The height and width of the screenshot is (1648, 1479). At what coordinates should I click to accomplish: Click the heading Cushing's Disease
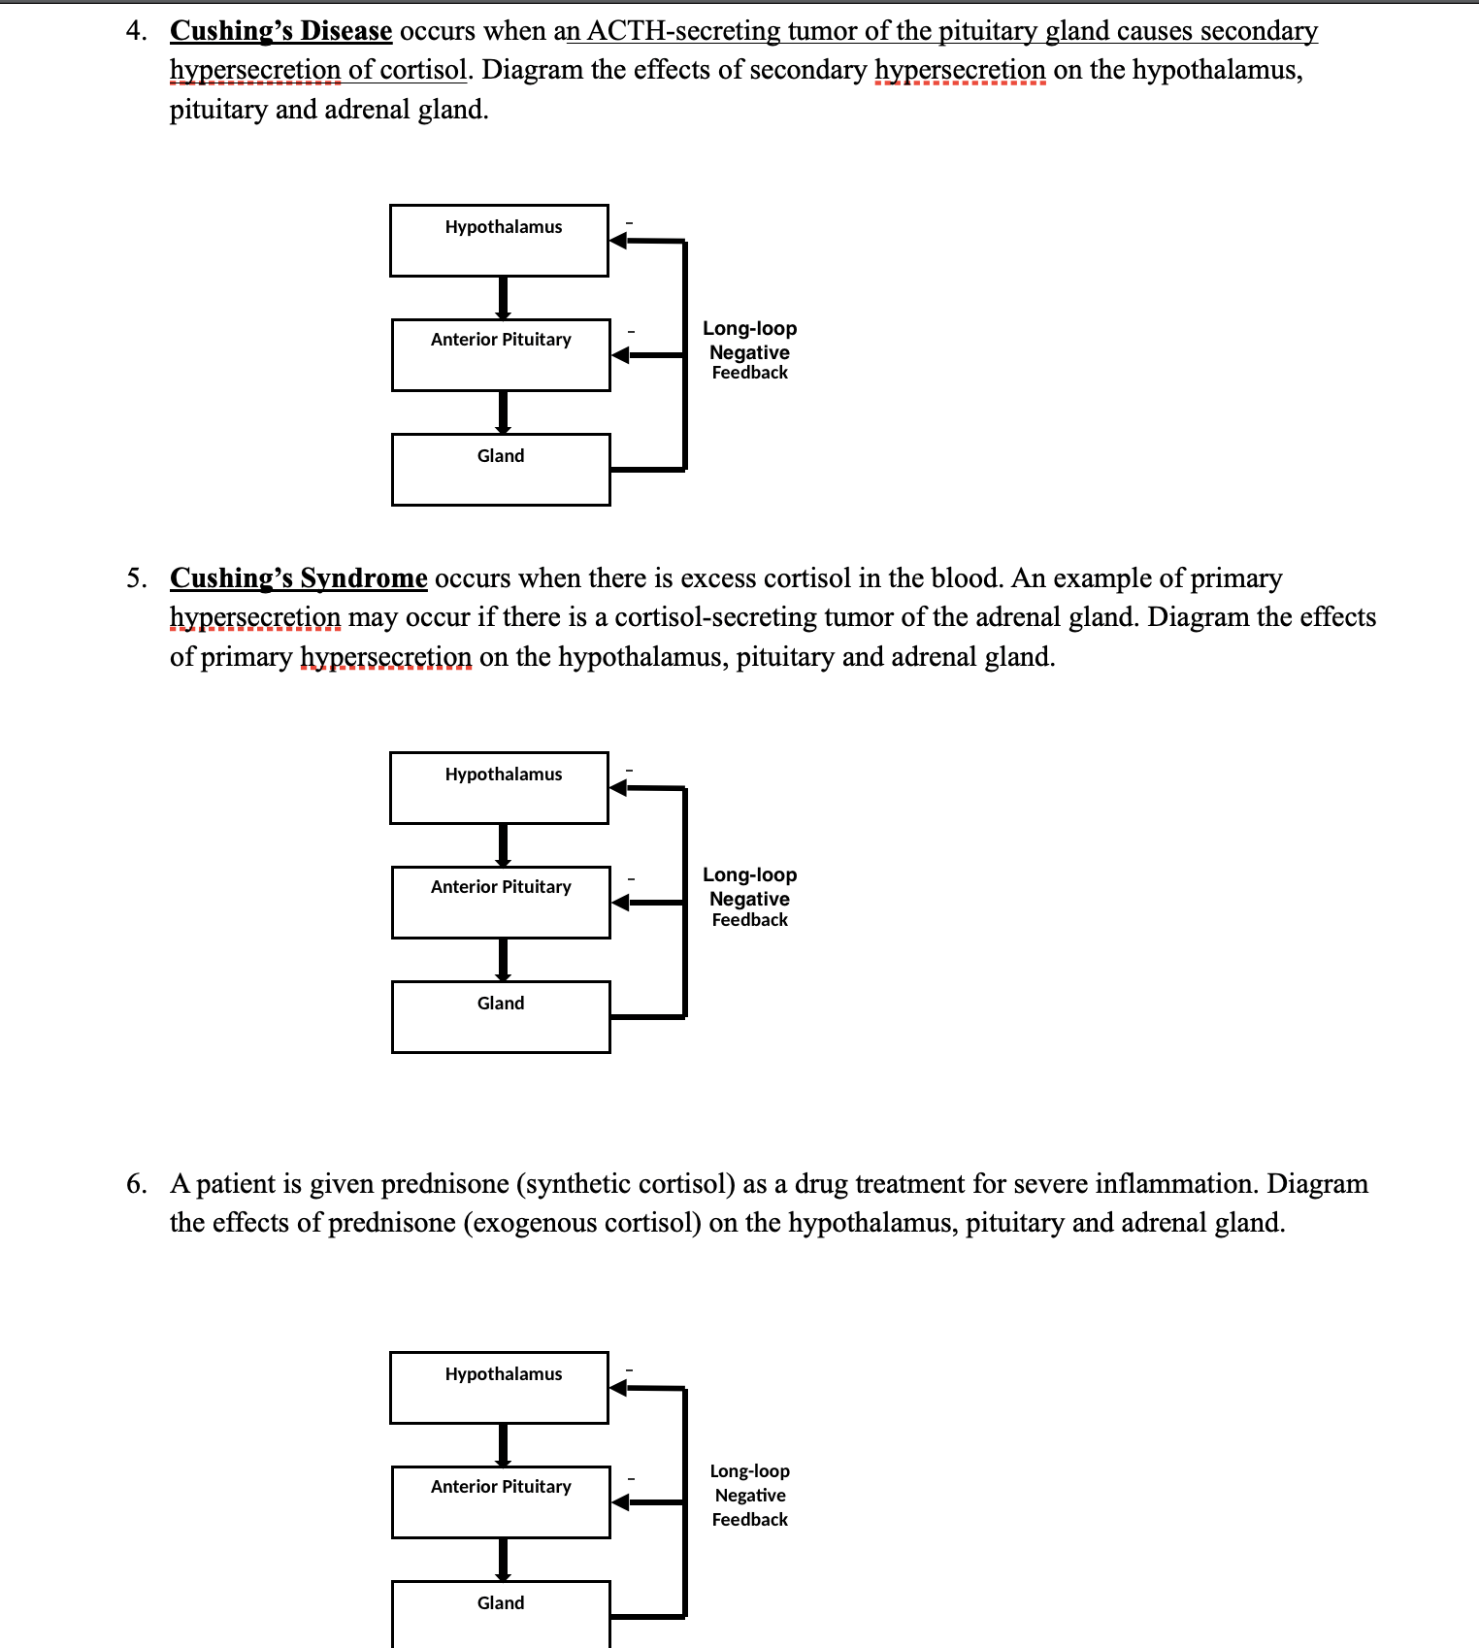280,31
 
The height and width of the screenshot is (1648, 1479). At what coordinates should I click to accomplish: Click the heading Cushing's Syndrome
298,578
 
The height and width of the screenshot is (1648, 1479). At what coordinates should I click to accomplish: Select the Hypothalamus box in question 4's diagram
499,241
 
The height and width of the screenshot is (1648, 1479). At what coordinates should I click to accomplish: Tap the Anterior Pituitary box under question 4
501,355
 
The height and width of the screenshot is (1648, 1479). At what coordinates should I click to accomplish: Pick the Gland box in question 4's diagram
501,470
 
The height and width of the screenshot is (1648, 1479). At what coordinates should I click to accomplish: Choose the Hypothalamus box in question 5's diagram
499,788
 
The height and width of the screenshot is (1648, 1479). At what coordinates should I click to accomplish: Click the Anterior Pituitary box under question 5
501,903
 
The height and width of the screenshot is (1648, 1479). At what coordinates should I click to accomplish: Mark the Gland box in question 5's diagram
501,1017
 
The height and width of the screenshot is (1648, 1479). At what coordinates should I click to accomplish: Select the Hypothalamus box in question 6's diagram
499,1388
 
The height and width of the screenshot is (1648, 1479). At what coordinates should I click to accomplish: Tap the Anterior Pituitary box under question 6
501,1502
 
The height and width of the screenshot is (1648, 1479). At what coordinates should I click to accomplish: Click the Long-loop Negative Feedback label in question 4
749,350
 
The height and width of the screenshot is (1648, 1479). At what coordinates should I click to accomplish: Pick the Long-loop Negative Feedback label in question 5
749,898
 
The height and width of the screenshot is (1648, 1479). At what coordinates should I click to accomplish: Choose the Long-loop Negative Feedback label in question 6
749,1496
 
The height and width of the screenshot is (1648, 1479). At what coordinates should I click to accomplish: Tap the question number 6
135,1184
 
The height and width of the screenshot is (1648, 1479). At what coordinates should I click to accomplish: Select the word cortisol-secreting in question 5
715,617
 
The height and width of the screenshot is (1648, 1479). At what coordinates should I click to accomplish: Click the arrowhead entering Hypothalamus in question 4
618,240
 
